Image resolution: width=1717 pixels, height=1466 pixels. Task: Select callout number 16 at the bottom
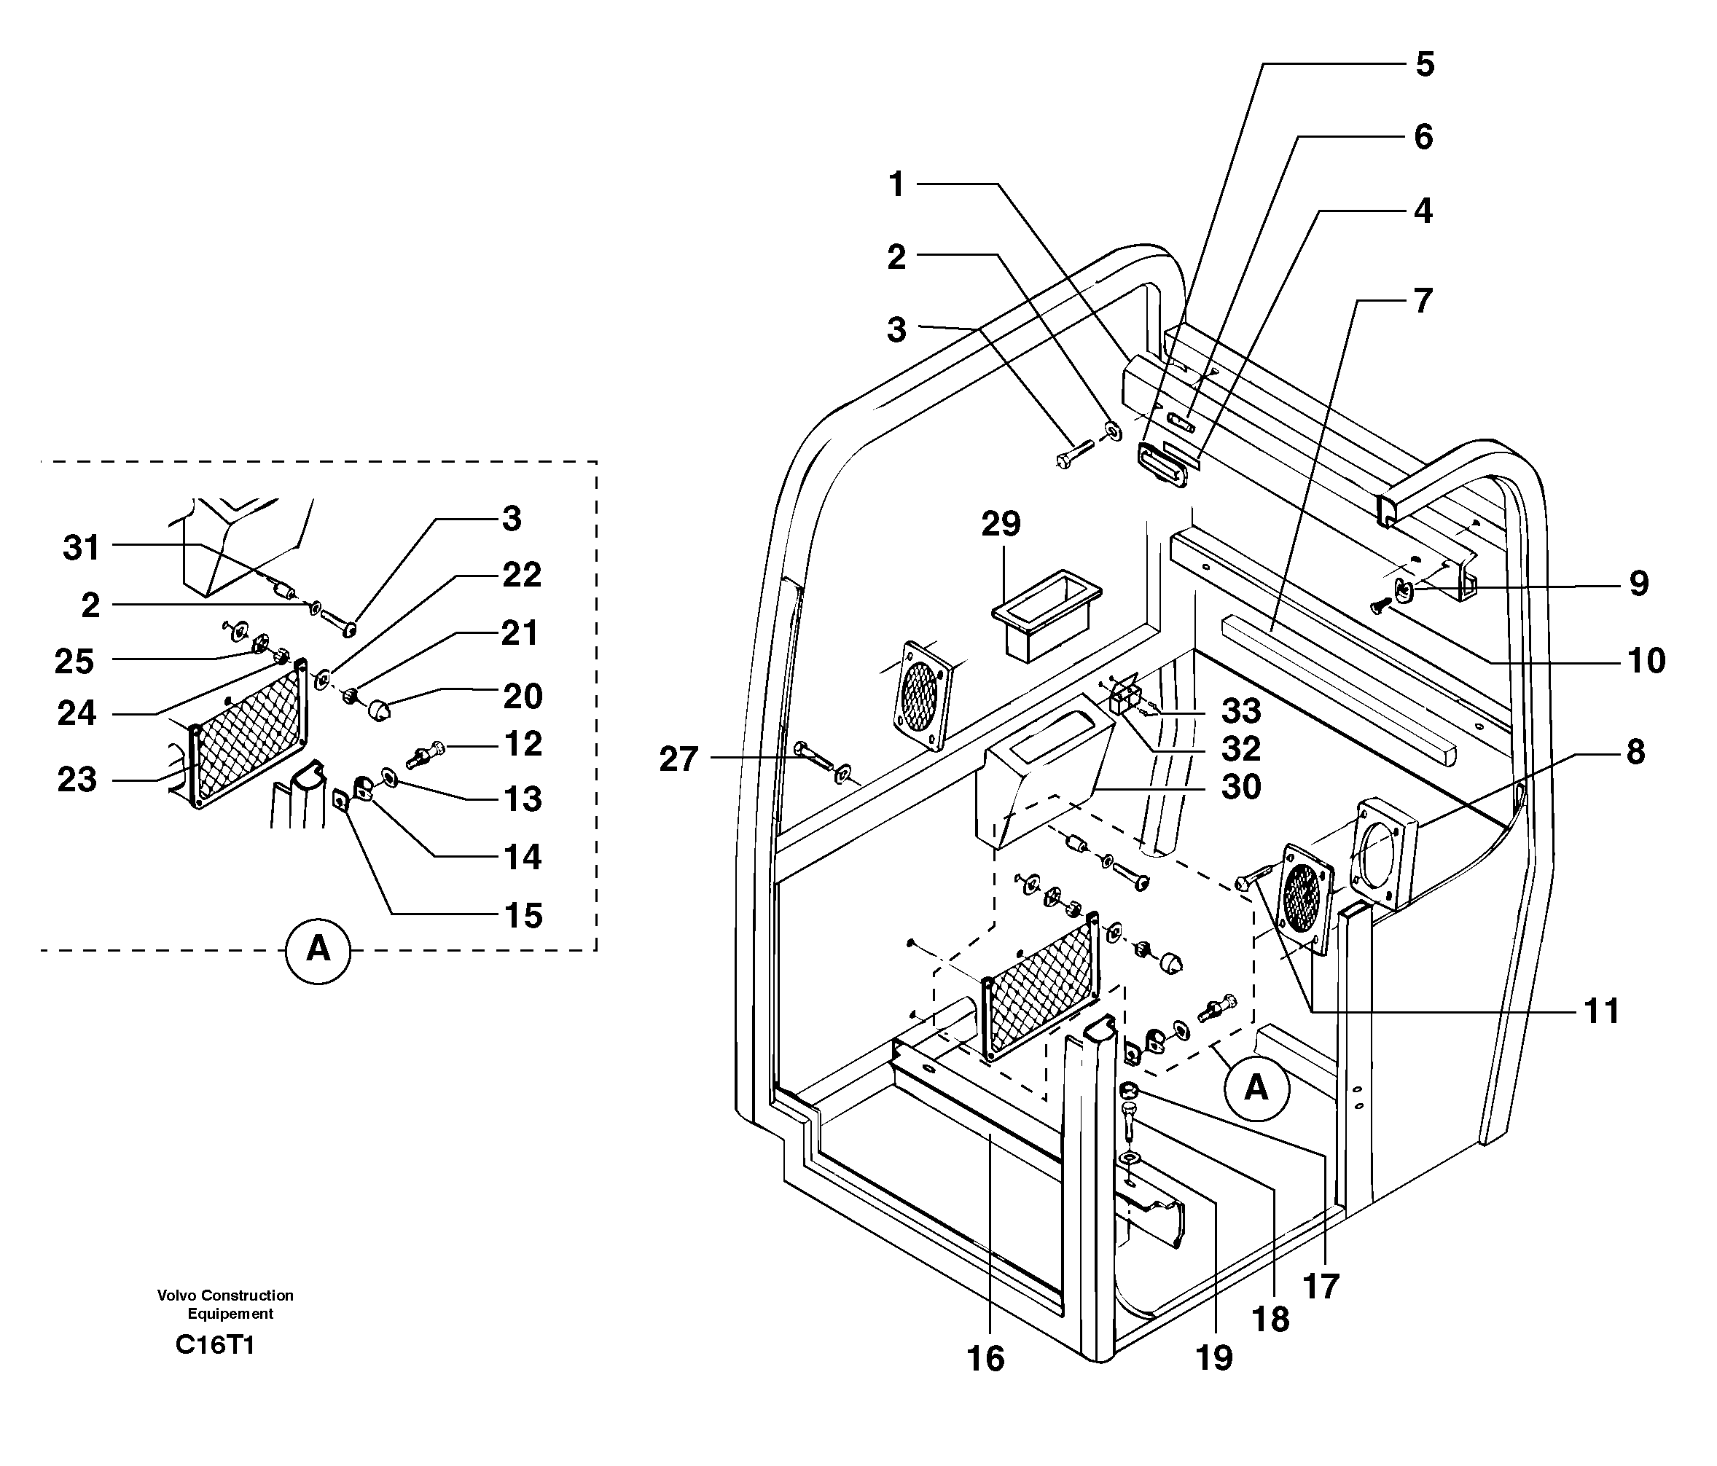(985, 1359)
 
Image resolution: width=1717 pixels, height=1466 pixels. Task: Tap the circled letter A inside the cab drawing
(1256, 1087)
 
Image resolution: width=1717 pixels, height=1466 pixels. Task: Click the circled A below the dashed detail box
(318, 951)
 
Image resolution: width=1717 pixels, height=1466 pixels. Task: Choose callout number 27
(678, 759)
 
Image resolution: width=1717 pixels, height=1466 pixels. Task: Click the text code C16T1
(214, 1344)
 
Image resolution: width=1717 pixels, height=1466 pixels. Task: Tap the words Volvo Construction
(225, 1295)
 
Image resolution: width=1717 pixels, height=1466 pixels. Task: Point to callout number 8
(1635, 753)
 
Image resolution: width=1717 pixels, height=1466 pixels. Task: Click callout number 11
(1601, 1011)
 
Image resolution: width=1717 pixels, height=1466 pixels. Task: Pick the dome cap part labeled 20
(379, 710)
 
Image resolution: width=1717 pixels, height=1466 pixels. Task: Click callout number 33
(1240, 711)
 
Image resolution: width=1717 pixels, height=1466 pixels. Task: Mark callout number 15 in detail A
(523, 916)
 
